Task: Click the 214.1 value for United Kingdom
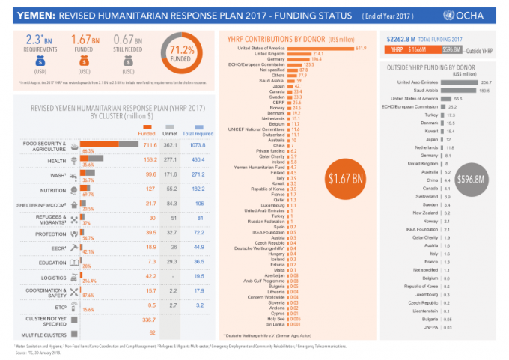(317, 54)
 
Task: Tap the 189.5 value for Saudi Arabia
(484, 90)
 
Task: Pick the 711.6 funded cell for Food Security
(150, 144)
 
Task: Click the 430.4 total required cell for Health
(198, 159)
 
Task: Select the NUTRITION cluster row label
(53, 189)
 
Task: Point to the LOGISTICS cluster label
(53, 276)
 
